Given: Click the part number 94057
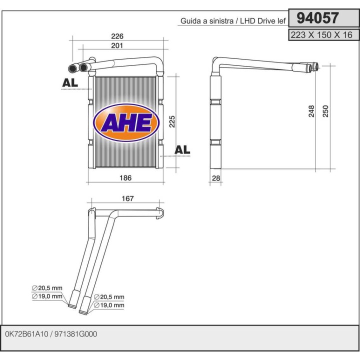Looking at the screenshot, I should (317, 18).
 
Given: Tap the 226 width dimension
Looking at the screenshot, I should (116, 36).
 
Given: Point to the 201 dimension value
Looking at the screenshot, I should (116, 45).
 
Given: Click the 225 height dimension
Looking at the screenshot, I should (171, 121).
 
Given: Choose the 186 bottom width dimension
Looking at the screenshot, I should (126, 177).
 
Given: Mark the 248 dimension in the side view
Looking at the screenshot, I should (311, 111).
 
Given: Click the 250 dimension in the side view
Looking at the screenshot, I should (325, 111).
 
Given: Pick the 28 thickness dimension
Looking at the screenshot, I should (216, 178).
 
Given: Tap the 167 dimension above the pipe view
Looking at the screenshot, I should (127, 199).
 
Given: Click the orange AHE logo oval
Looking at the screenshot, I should (126, 122).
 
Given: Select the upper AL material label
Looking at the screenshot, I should (70, 83).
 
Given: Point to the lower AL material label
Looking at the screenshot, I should (182, 149).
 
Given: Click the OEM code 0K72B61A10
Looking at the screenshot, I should (28, 334).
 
